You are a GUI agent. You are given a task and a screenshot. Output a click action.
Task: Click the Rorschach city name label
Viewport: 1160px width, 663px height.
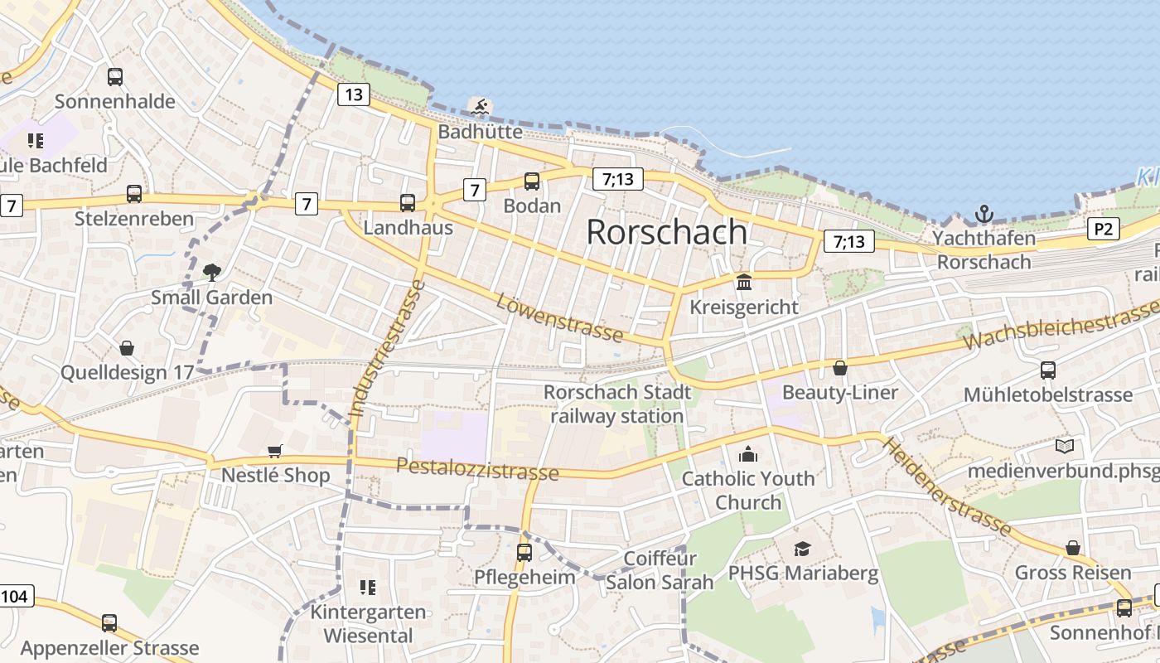point(666,232)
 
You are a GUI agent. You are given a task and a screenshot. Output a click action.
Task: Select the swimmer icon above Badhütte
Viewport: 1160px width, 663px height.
point(480,106)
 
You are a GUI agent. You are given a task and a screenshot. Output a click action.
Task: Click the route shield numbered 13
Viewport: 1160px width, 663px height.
point(353,94)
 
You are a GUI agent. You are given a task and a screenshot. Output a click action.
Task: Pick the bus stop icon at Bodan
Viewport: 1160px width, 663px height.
point(532,181)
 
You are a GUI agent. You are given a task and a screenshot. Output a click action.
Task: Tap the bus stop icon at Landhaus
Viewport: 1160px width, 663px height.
point(408,202)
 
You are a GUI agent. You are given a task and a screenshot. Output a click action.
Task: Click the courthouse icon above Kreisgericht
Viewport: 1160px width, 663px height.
point(744,282)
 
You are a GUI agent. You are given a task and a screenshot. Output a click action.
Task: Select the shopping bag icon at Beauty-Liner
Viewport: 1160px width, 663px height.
point(840,367)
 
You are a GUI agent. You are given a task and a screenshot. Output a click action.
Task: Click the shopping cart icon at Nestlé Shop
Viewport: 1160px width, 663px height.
point(275,451)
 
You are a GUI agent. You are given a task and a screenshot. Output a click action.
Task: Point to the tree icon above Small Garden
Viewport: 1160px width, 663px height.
point(212,272)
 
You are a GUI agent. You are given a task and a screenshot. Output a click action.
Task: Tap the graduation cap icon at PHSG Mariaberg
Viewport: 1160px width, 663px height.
point(802,549)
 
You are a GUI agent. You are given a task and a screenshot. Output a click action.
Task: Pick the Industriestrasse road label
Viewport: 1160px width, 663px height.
point(386,348)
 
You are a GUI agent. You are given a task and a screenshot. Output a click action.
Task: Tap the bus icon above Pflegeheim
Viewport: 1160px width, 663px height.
point(524,552)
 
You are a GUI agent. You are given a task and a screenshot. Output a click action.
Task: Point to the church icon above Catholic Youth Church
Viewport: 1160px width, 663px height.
point(748,454)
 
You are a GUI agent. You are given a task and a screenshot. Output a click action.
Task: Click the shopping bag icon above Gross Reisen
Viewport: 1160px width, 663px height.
point(1073,548)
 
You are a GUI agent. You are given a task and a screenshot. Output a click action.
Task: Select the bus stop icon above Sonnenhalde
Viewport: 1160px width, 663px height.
point(115,77)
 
